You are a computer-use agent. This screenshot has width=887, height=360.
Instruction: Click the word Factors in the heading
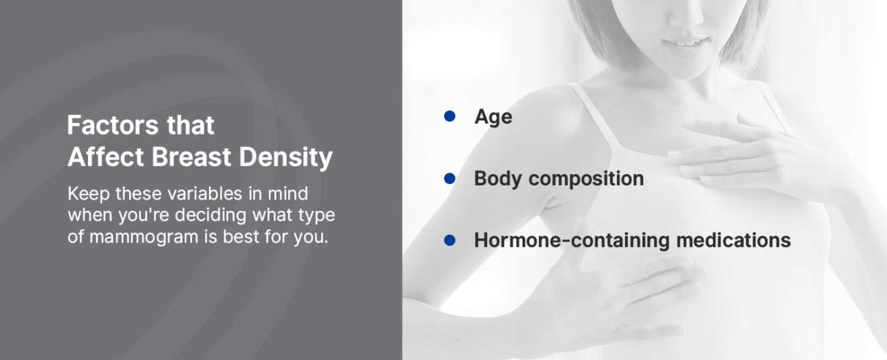[x=113, y=125]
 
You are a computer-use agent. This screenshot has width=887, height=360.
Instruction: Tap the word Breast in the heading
[x=192, y=156]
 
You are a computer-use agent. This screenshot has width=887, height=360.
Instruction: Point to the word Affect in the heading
[x=105, y=156]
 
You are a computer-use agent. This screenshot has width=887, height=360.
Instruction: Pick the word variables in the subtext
[x=204, y=194]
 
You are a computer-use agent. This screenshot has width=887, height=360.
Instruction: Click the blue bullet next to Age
[x=450, y=116]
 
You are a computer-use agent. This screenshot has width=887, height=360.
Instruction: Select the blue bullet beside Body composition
[x=450, y=179]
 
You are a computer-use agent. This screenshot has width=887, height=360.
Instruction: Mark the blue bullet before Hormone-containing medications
[x=450, y=240]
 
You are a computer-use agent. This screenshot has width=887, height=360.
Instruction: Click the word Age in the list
[x=493, y=118]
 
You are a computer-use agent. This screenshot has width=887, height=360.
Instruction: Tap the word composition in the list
[x=587, y=179]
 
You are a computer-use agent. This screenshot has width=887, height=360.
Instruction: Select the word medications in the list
[x=733, y=240]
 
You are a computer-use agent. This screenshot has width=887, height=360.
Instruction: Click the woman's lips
[x=686, y=46]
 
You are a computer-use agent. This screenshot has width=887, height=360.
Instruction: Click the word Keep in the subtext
[x=89, y=194]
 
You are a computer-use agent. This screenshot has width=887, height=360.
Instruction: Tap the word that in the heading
[x=190, y=125]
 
